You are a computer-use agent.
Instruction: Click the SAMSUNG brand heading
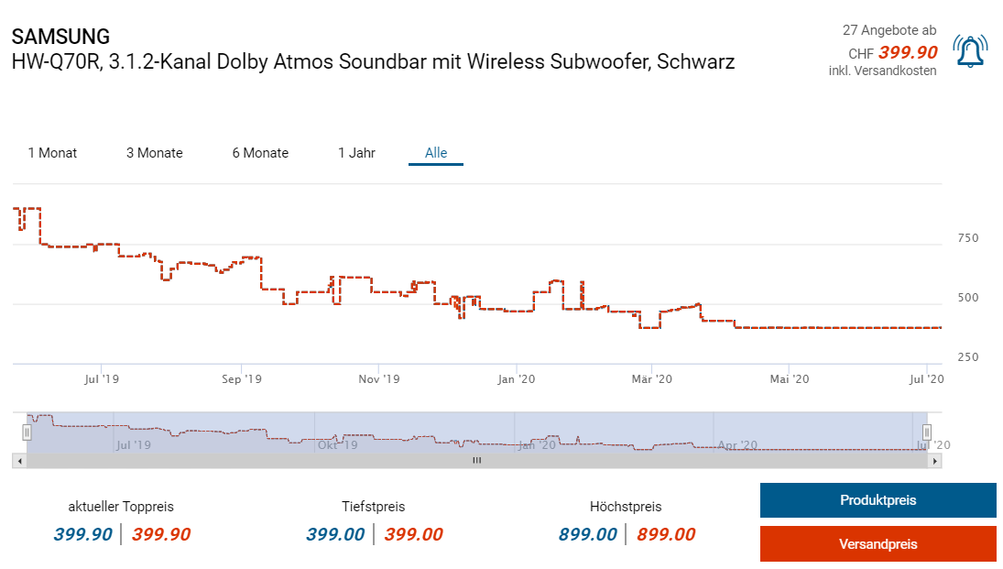(x=60, y=37)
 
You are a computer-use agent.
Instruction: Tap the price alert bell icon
(x=970, y=51)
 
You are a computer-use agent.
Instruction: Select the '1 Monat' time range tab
(x=52, y=153)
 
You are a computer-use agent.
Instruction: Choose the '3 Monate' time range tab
(x=155, y=153)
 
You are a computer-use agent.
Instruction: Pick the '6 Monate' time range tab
(x=260, y=153)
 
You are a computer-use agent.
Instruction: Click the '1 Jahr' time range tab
(x=356, y=153)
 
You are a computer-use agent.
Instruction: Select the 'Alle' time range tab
(x=436, y=153)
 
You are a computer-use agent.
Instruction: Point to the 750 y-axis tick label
(x=967, y=238)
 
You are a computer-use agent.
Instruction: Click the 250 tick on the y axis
(x=967, y=357)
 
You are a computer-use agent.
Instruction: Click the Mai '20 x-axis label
(x=790, y=378)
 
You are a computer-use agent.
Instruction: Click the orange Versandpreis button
(x=878, y=544)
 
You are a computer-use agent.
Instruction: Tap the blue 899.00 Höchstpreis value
(x=587, y=535)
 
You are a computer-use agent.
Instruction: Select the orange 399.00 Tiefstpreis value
(x=413, y=535)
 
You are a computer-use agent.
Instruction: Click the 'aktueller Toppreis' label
(x=121, y=507)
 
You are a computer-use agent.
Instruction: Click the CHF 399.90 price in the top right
(x=907, y=53)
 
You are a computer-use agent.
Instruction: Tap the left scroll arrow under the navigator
(x=19, y=461)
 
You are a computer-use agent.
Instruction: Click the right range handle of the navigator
(x=927, y=432)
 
